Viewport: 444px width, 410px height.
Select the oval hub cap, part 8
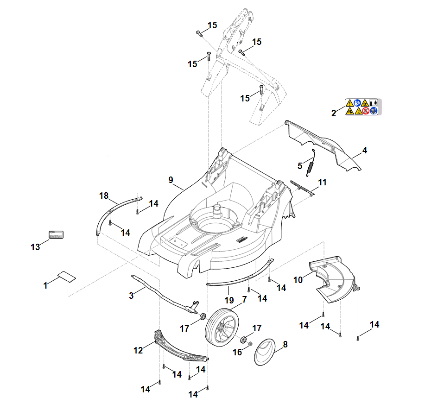click(x=265, y=353)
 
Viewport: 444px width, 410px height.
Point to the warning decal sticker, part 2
click(x=362, y=107)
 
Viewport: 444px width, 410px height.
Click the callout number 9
click(x=171, y=179)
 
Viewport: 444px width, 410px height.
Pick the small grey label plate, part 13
click(x=56, y=234)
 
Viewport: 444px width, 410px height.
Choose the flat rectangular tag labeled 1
click(x=67, y=276)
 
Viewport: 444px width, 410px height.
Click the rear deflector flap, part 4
click(x=324, y=144)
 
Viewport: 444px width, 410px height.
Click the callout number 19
click(x=228, y=301)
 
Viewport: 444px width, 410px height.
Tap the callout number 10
click(x=298, y=280)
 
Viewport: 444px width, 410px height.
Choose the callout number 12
click(x=138, y=351)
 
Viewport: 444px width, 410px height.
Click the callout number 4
click(x=365, y=150)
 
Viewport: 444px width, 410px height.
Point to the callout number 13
click(x=35, y=247)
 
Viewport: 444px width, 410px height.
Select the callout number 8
click(x=285, y=344)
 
